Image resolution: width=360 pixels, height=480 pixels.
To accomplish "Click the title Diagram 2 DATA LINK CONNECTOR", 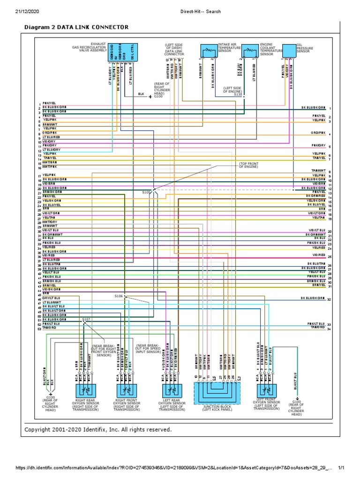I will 76,28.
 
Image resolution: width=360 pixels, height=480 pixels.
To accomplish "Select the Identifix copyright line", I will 98,429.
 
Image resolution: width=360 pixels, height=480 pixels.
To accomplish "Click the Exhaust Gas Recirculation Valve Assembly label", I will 90,47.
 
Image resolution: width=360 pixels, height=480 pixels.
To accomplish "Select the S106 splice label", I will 118,296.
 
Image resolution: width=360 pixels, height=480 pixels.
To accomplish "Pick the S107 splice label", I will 86,319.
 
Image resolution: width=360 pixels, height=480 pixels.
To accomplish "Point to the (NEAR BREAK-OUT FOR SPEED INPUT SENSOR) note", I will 149,348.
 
